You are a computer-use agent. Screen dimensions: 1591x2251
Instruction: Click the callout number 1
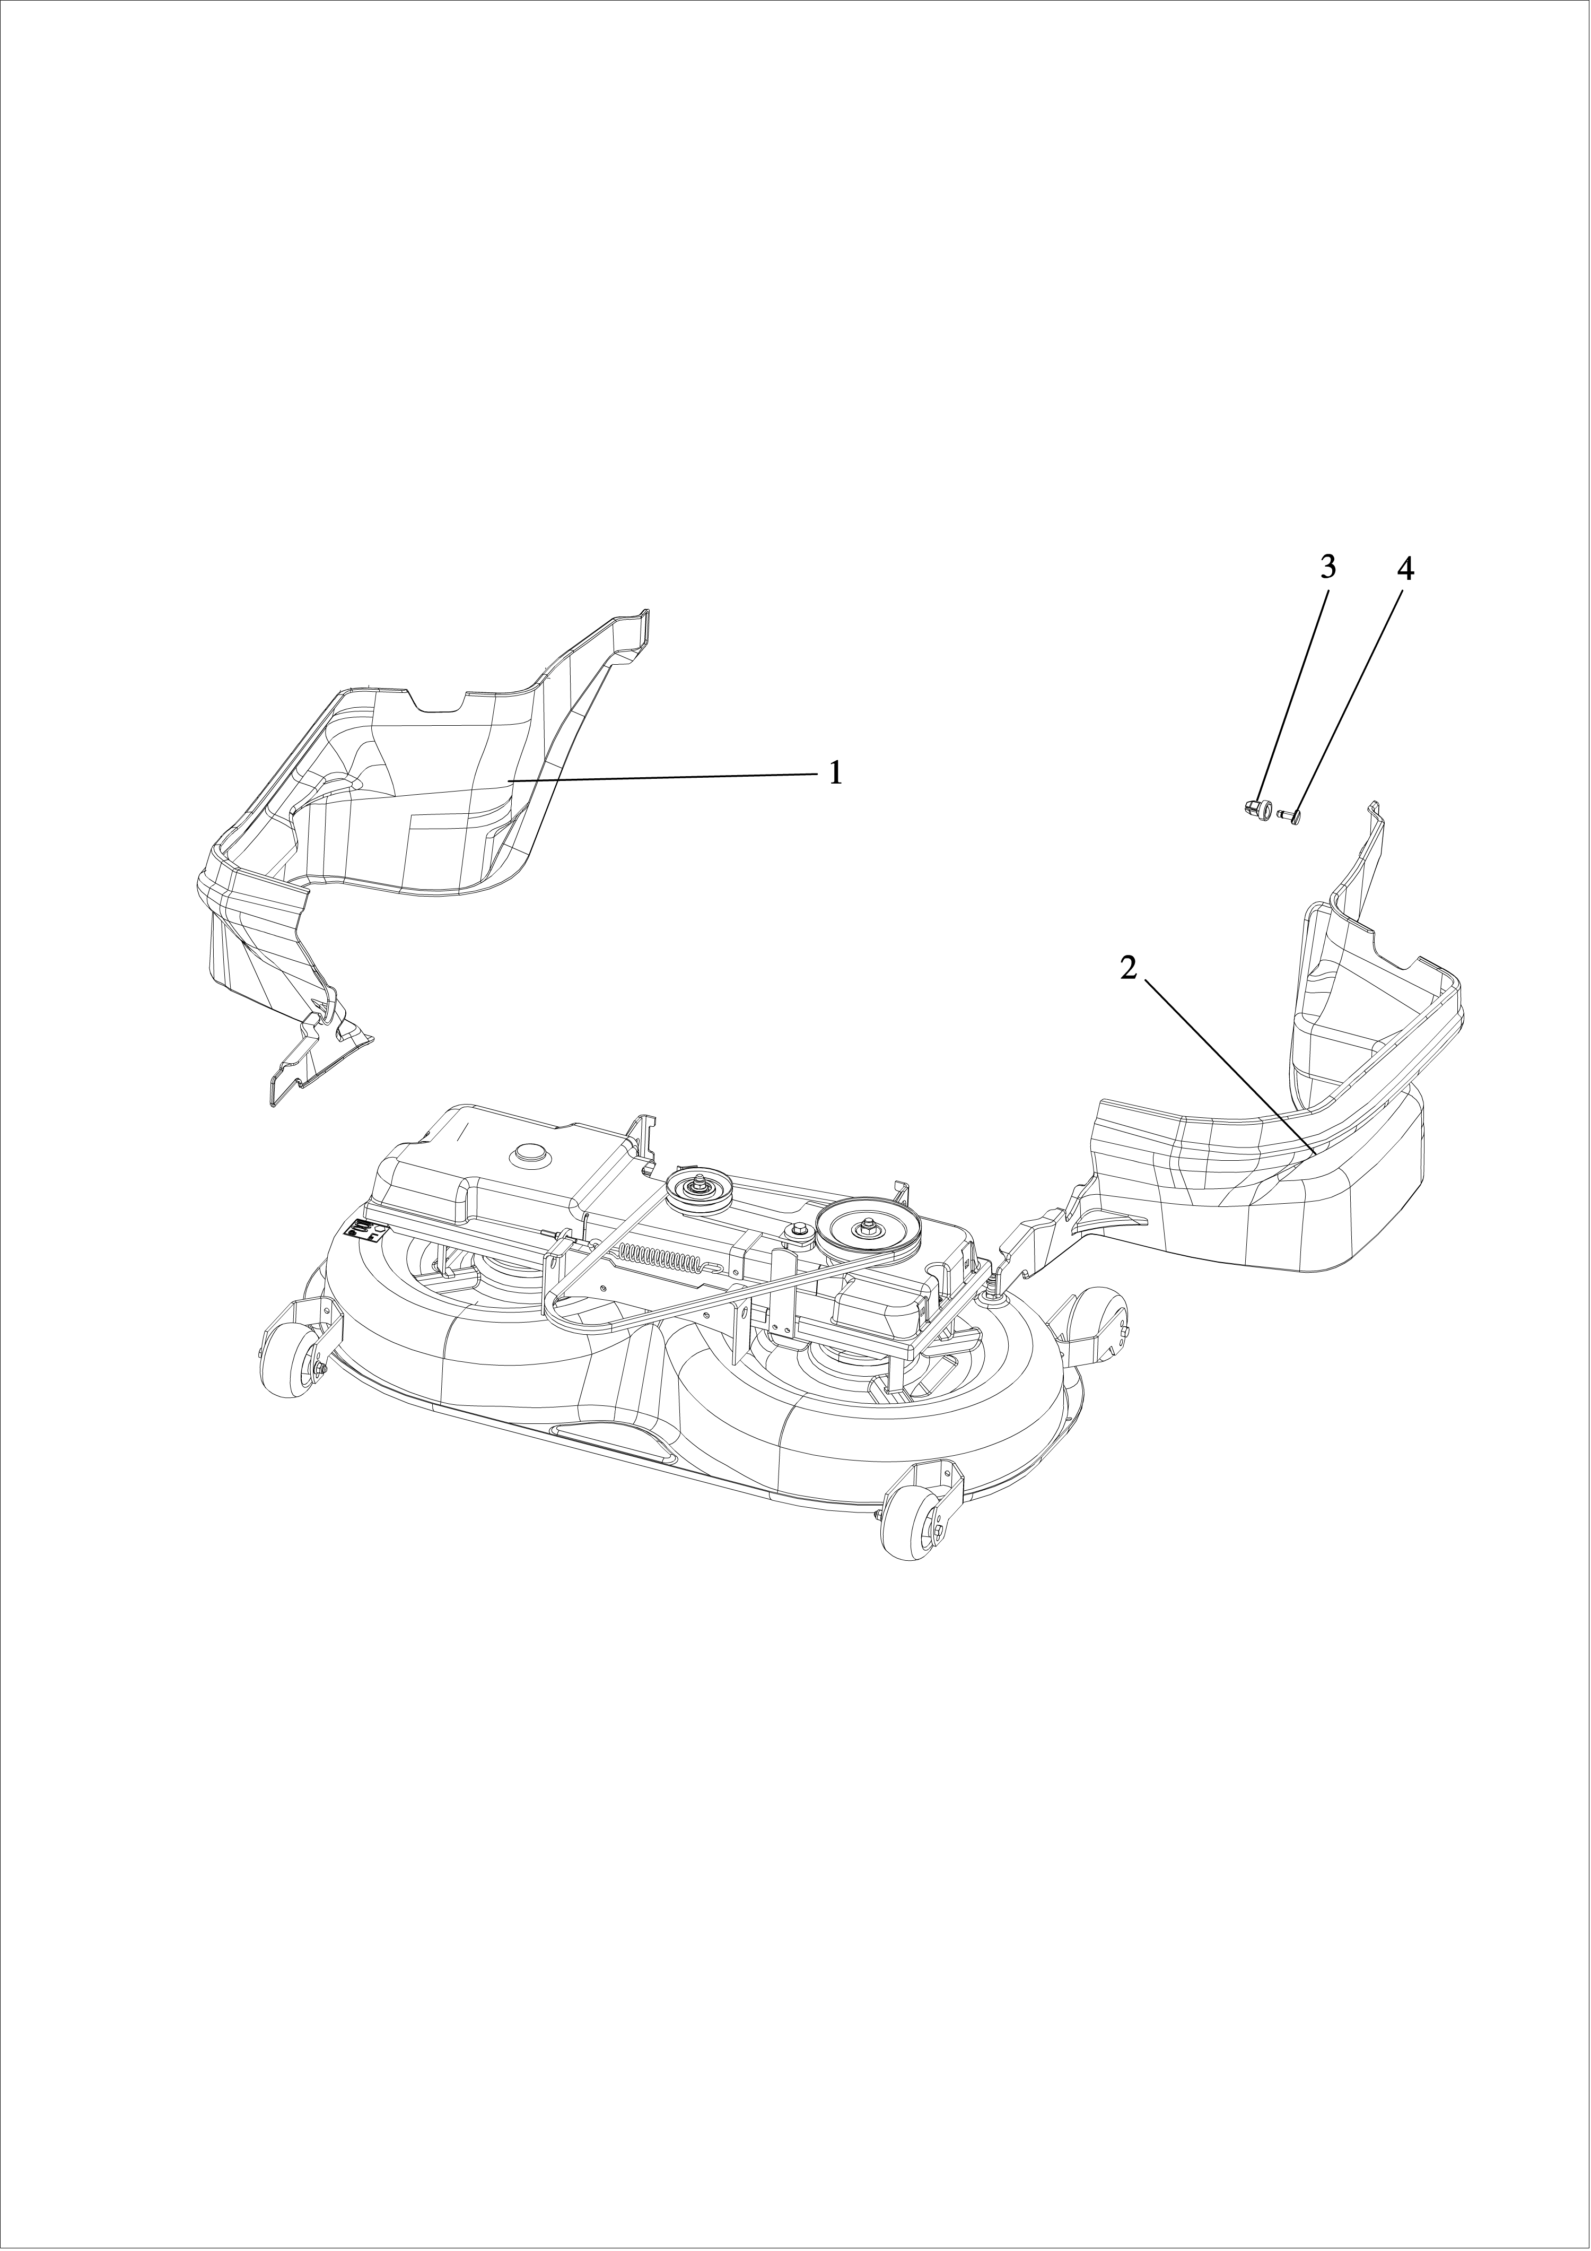(x=835, y=772)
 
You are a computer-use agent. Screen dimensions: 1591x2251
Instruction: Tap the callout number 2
(x=1129, y=969)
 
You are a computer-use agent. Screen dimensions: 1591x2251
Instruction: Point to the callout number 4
(x=1405, y=569)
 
